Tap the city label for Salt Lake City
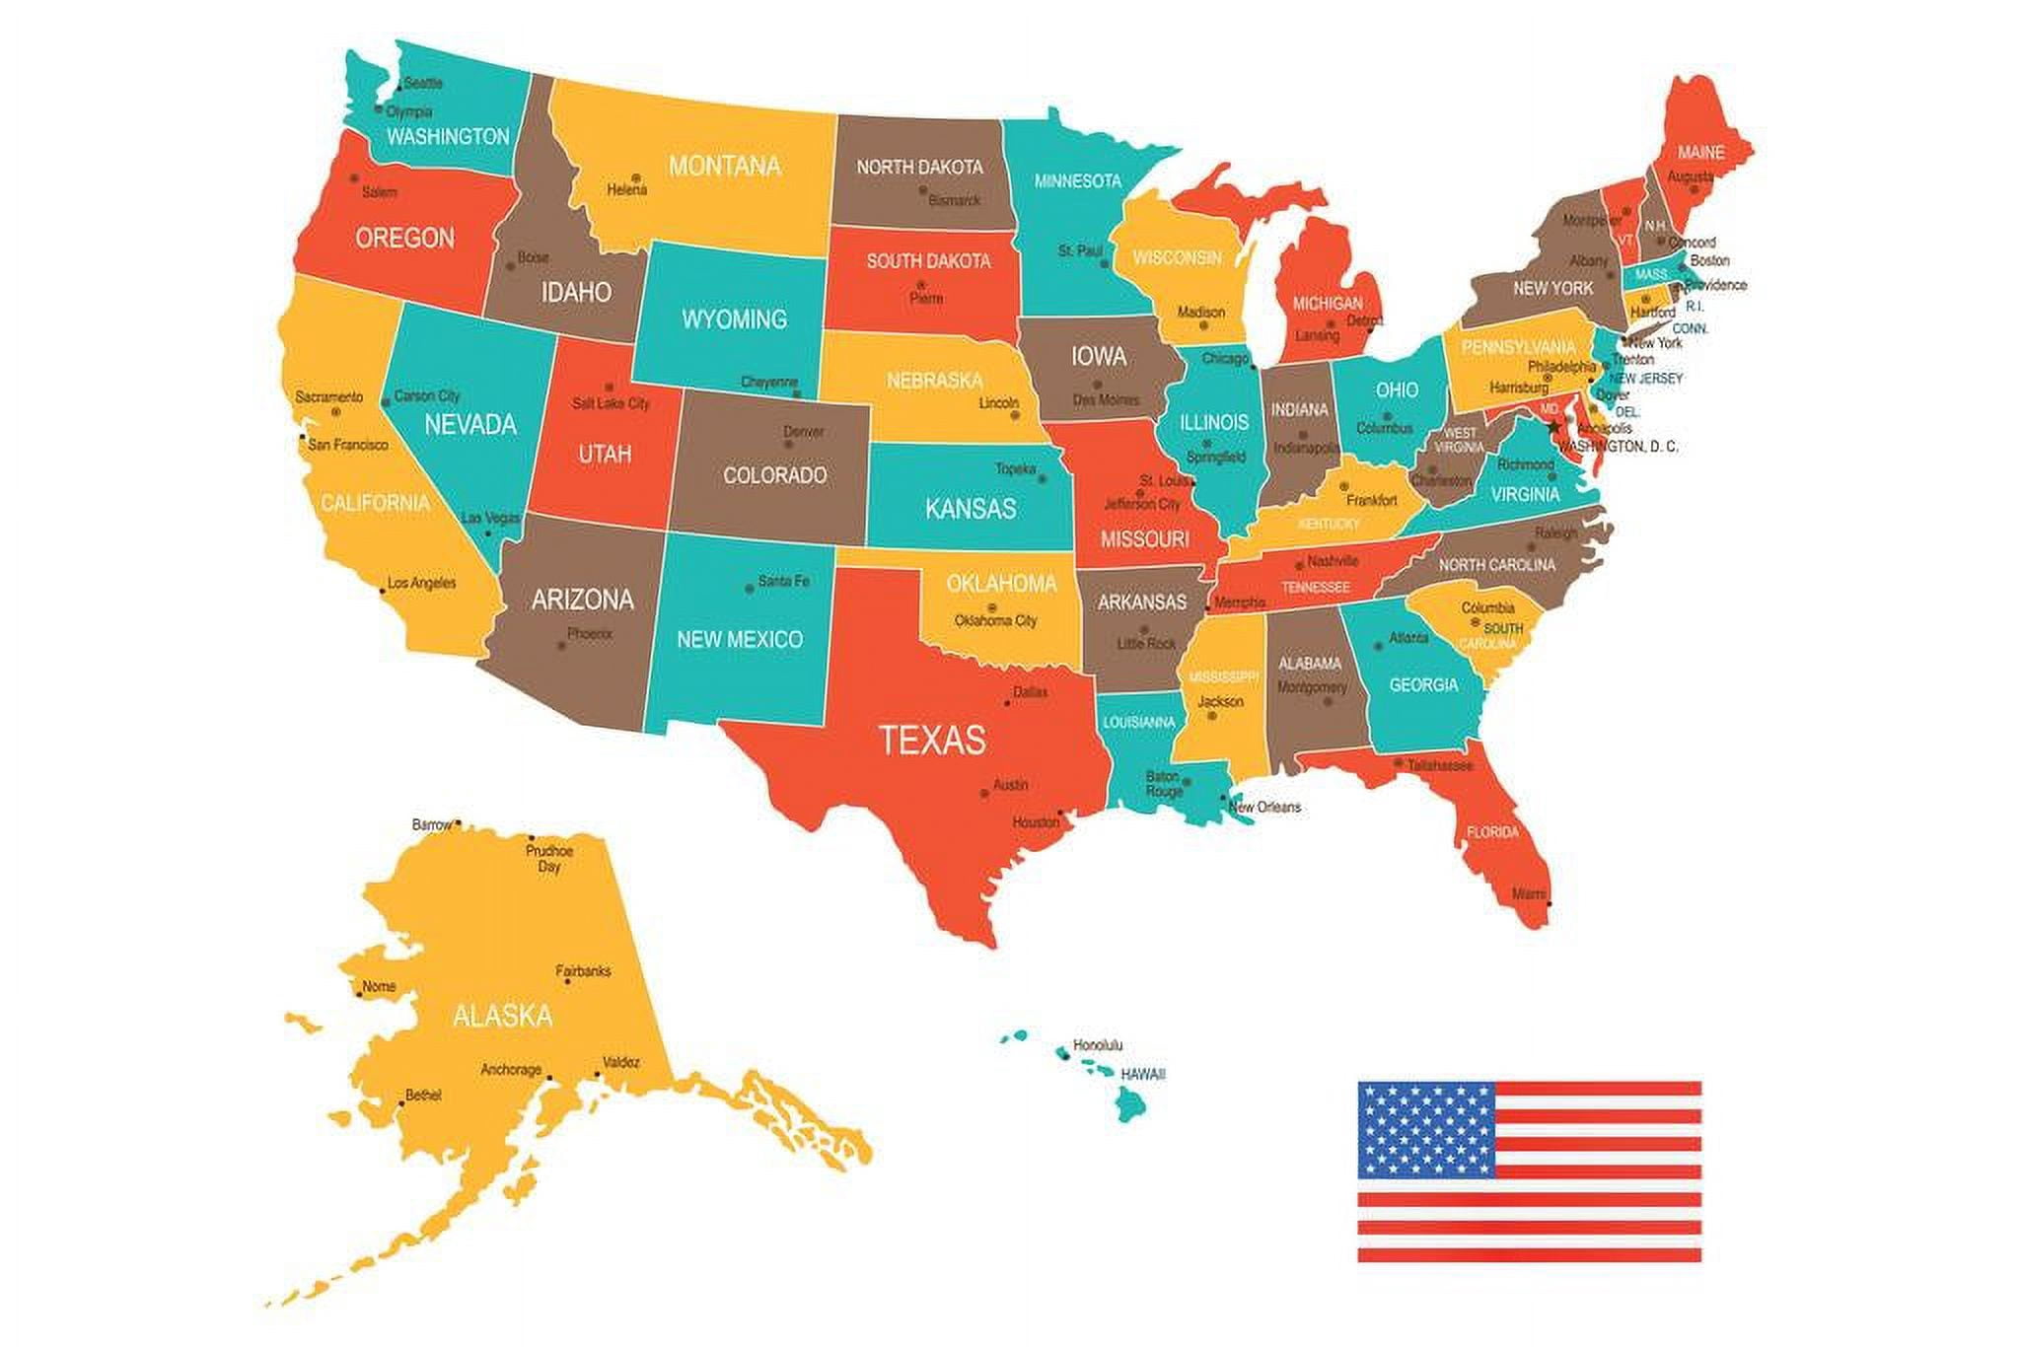click(611, 403)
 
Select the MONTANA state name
click(725, 166)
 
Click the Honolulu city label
click(1098, 1045)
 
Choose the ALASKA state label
click(502, 1016)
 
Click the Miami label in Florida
click(1529, 894)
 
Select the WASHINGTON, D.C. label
click(1618, 447)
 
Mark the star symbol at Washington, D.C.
click(1555, 427)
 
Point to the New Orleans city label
click(1265, 807)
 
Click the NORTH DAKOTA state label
click(919, 167)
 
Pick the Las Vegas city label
click(490, 518)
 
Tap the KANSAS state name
click(971, 509)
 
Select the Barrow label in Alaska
click(432, 823)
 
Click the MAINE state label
click(1700, 153)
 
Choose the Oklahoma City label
click(995, 621)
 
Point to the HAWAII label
click(1143, 1074)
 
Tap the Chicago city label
click(1225, 359)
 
